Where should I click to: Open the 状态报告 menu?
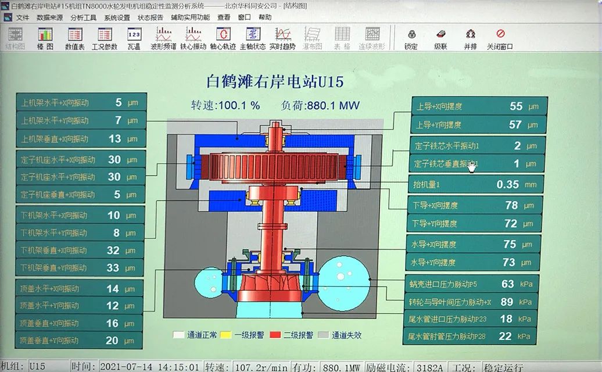(150, 17)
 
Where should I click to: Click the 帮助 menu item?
(265, 17)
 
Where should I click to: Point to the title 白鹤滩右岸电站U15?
(275, 81)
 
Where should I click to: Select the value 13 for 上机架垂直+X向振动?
(115, 138)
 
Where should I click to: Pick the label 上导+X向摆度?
(439, 106)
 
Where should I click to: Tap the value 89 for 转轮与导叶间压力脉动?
(507, 302)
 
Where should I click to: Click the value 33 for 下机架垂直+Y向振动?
(113, 268)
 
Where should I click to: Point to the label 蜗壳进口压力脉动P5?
(443, 284)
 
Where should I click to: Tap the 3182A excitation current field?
(430, 367)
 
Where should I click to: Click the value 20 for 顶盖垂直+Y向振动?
(112, 341)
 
